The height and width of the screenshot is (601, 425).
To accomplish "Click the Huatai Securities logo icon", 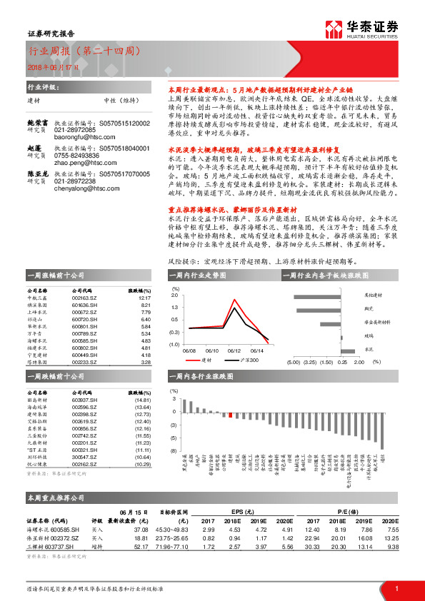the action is point(334,29).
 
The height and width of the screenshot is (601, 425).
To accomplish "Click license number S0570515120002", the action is point(124,123).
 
